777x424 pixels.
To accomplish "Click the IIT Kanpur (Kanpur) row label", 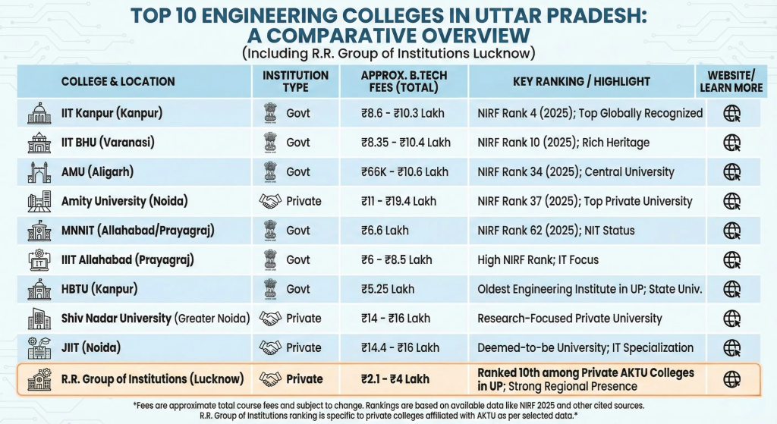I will click(112, 114).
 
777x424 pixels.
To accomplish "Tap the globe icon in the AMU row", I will click(731, 172).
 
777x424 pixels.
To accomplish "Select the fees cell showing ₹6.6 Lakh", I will click(388, 231).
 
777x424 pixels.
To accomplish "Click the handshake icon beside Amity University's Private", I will click(270, 201).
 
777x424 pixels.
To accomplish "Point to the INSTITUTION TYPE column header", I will click(295, 81).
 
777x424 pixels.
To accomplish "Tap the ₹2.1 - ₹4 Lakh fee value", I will click(395, 378).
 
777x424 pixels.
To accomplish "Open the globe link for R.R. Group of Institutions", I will click(731, 378).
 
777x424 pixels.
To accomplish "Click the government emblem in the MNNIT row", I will click(270, 231).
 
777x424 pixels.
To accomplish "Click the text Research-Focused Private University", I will click(569, 319).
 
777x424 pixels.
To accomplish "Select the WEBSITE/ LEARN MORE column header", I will click(731, 81).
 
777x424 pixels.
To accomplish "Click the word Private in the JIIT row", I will click(304, 347).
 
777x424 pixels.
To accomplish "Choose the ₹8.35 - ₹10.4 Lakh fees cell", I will click(406, 143).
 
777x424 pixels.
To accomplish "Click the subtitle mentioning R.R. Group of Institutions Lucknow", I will click(388, 53).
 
